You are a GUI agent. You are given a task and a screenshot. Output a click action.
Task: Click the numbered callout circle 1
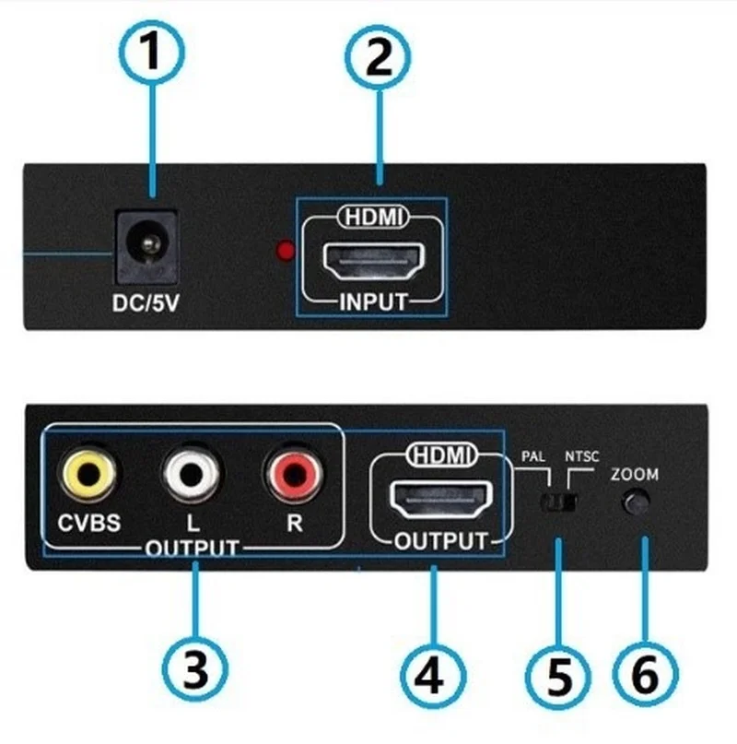tap(151, 53)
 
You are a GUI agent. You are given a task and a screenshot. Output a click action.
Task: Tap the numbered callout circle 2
tap(378, 57)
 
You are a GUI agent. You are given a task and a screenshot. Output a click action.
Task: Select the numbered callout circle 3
tap(195, 669)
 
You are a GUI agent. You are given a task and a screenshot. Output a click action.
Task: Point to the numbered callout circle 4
tap(432, 676)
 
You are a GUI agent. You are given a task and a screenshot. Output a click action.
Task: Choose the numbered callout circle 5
tap(557, 677)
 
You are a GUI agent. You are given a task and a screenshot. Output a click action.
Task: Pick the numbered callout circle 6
tap(645, 674)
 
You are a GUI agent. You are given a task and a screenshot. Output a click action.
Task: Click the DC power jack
tap(147, 247)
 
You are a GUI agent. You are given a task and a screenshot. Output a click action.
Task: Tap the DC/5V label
tap(146, 303)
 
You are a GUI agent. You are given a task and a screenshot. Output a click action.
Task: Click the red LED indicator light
tap(286, 251)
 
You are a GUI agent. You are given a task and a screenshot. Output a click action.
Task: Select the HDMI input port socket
tap(373, 261)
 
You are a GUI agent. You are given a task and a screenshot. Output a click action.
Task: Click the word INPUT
tap(373, 302)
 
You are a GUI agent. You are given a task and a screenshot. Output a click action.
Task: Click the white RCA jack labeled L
tap(191, 474)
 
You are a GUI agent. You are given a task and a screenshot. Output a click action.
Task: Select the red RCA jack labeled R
tap(294, 474)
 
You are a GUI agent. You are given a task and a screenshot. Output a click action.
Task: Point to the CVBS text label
tap(88, 523)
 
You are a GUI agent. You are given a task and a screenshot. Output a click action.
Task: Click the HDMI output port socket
tap(440, 499)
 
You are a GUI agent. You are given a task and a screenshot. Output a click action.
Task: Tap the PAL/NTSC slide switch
tap(558, 502)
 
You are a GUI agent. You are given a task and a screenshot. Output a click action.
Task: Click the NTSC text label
tap(581, 456)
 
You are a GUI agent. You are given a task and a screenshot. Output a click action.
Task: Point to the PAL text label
tap(533, 456)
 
